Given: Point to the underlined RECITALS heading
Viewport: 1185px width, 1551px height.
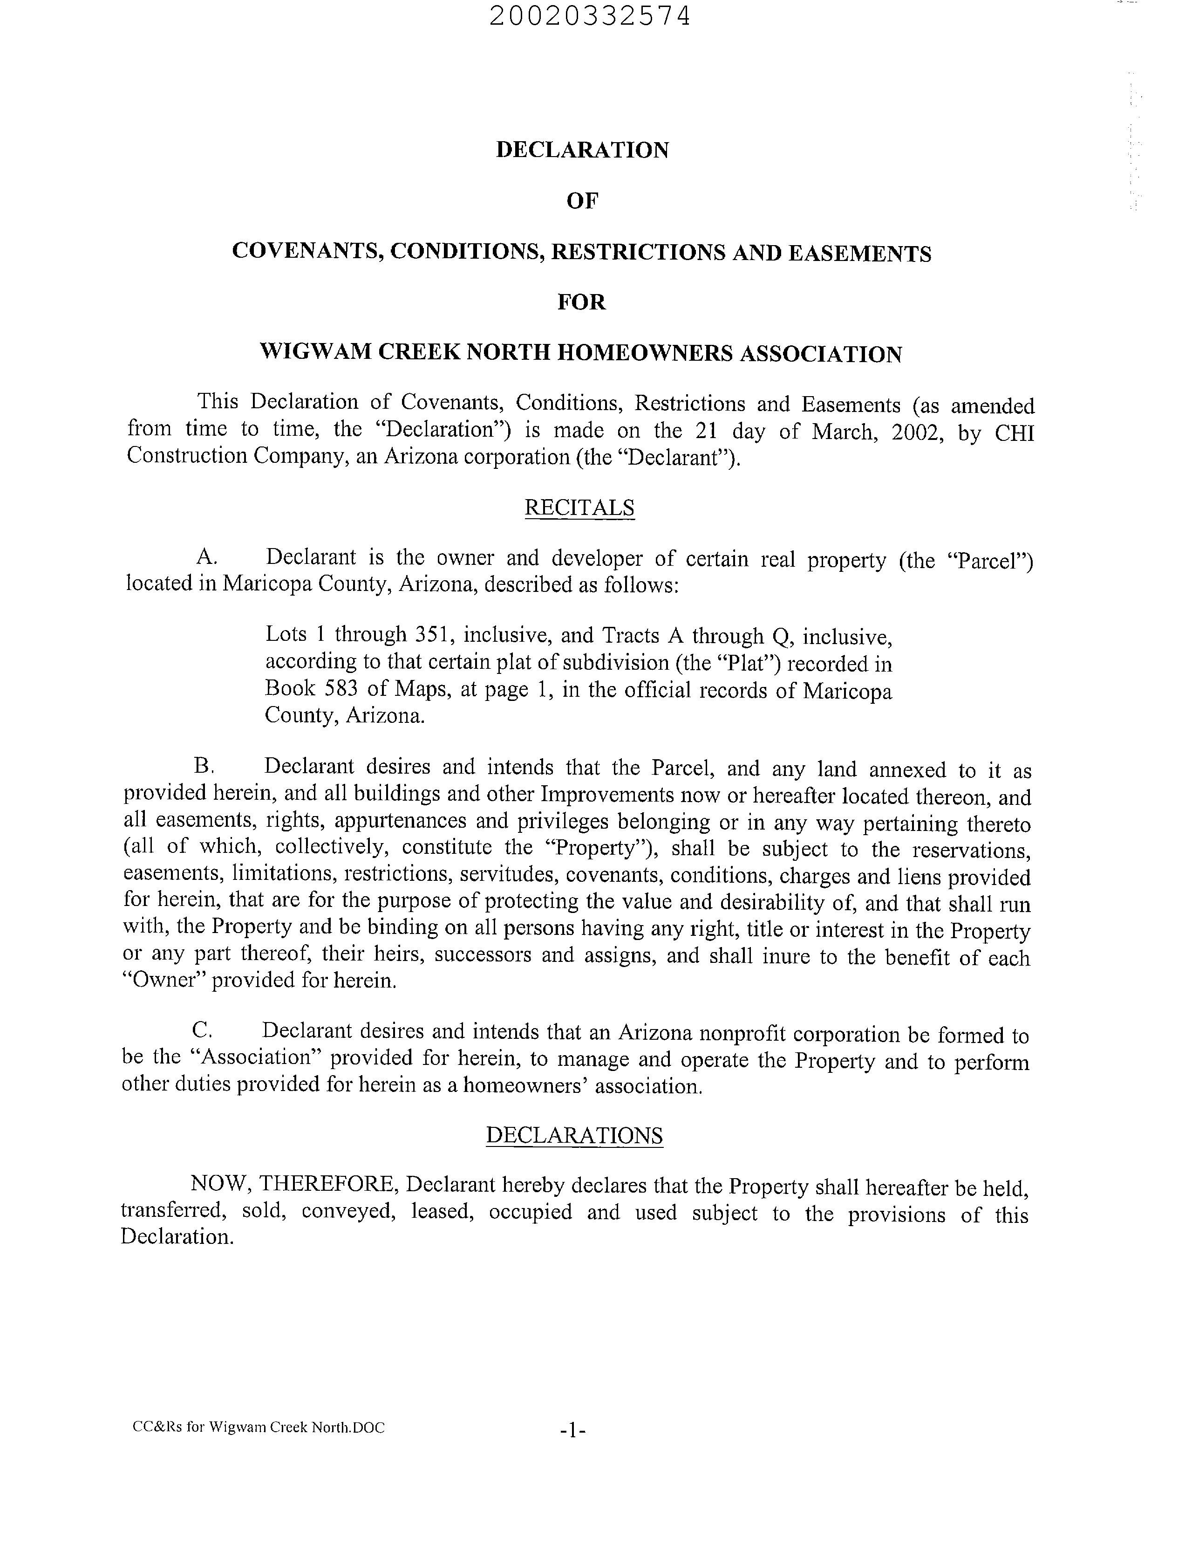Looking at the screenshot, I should pyautogui.click(x=579, y=508).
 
